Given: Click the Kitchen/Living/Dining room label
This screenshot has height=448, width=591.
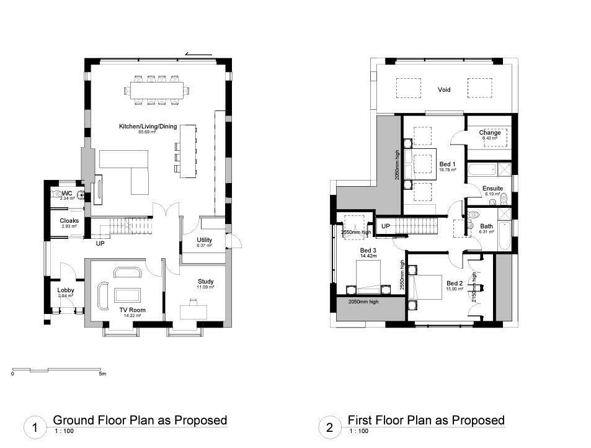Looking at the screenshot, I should tap(148, 127).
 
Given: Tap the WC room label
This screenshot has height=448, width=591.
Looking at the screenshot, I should tap(67, 194).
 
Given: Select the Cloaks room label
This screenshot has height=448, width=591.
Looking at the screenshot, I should tap(69, 221).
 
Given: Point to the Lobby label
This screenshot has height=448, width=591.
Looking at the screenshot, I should tap(66, 290).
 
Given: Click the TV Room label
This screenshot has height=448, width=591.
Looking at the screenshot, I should tap(132, 310).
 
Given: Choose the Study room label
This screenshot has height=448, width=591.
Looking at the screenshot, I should tap(205, 282).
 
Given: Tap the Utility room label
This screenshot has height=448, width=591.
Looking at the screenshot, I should tap(205, 240).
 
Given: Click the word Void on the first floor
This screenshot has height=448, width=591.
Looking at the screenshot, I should tap(444, 90).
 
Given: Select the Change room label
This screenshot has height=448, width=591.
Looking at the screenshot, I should tap(489, 133).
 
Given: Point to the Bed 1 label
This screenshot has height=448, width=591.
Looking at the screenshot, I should tap(447, 164).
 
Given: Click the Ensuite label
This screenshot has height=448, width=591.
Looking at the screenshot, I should tap(493, 189).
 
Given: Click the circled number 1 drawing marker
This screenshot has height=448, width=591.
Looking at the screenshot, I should tap(35, 428).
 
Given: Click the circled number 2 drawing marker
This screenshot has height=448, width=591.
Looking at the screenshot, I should tap(329, 428).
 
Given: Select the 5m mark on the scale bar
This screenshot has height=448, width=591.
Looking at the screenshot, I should tap(102, 374).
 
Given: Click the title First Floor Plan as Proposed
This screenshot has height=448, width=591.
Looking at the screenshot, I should tap(426, 420).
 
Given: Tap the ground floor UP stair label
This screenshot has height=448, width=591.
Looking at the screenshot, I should tap(100, 243).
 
